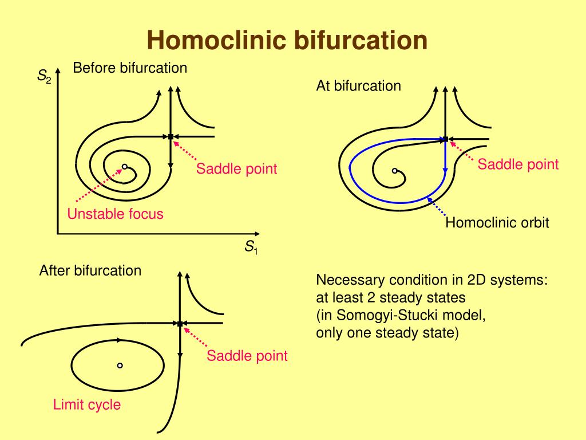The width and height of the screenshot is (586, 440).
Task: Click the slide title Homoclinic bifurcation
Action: tap(287, 40)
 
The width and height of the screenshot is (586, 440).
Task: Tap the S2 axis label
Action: tap(44, 76)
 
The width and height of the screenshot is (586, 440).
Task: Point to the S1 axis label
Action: tap(251, 247)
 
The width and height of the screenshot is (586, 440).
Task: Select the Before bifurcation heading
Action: tap(130, 68)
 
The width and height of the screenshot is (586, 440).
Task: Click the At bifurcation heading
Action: tap(358, 86)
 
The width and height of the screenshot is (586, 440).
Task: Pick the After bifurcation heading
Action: tap(90, 270)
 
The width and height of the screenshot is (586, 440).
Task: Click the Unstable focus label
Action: tap(115, 214)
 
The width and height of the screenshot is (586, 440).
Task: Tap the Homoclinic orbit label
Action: tap(497, 222)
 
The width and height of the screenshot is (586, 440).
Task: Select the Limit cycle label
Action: tap(87, 404)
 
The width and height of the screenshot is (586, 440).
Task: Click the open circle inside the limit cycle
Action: tap(120, 366)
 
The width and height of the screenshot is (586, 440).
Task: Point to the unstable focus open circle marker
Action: tap(124, 167)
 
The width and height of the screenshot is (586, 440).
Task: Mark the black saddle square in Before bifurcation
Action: tap(171, 137)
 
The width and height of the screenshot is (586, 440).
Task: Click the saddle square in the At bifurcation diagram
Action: tap(445, 139)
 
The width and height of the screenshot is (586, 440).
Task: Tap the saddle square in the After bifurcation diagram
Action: tap(180, 324)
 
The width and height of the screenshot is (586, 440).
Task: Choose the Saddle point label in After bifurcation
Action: tap(247, 355)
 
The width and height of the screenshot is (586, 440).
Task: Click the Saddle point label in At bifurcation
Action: tap(518, 164)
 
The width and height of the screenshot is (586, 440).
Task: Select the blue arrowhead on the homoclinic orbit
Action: tap(445, 170)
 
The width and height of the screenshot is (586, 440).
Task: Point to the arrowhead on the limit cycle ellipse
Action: tap(119, 340)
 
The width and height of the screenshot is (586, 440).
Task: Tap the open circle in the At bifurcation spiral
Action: tap(395, 171)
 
